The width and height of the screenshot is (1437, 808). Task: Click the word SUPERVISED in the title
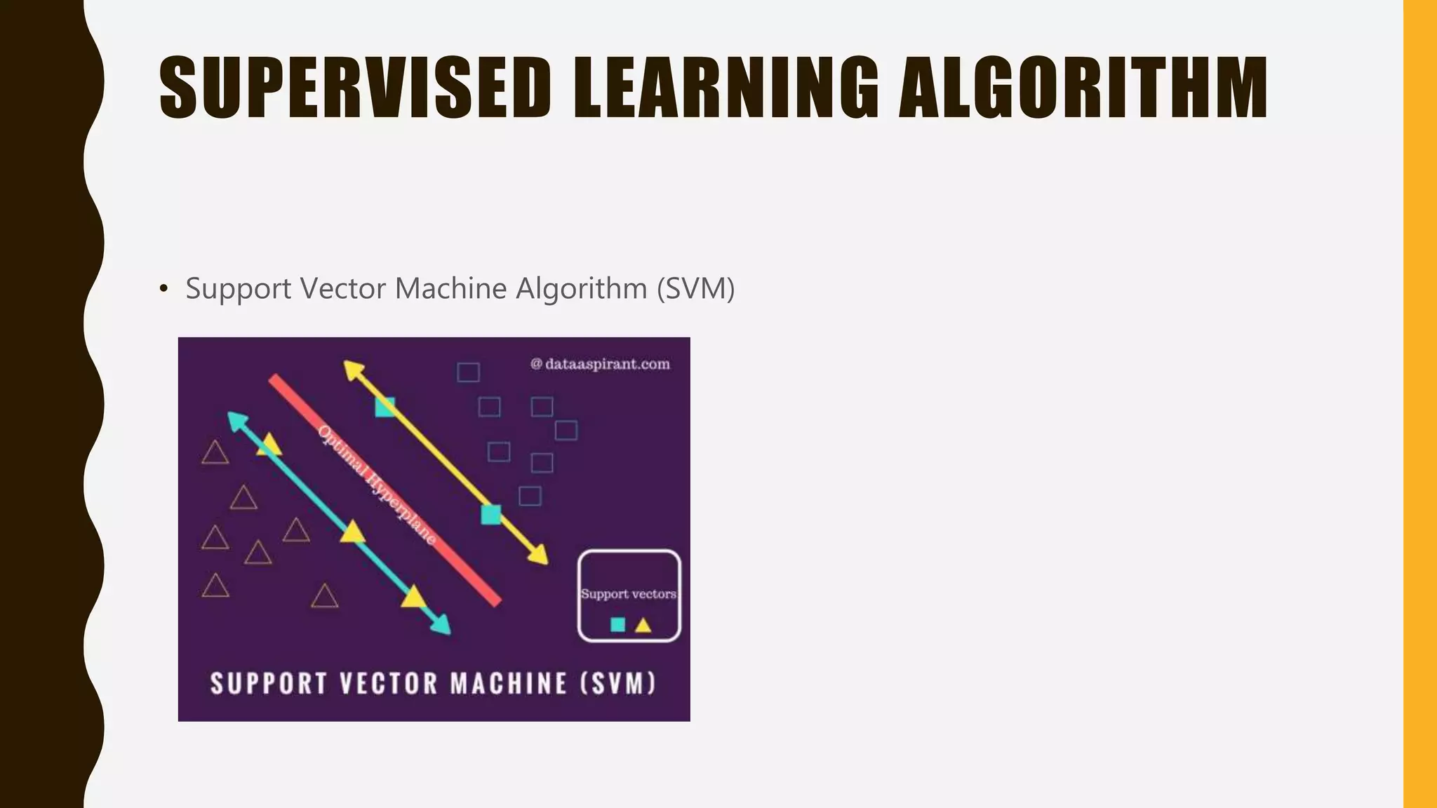coord(355,88)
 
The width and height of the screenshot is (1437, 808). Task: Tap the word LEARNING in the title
coord(726,88)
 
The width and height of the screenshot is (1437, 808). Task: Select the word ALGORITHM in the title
coord(1083,88)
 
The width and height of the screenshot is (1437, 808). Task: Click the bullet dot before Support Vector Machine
coord(163,288)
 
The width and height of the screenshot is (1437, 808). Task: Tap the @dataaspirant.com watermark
coord(600,364)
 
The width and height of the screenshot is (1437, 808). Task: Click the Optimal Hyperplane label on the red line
coord(377,485)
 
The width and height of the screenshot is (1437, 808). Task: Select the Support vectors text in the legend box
coord(628,594)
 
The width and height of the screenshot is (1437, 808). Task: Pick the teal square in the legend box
coord(617,624)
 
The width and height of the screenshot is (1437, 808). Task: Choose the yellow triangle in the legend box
coord(643,624)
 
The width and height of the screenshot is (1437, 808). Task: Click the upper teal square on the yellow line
coord(385,407)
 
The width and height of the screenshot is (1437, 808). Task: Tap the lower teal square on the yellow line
coord(491,515)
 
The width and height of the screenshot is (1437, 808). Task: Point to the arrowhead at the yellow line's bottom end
coord(540,556)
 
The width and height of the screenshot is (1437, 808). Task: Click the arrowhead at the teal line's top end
coord(236,420)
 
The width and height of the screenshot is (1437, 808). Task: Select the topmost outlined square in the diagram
coord(468,372)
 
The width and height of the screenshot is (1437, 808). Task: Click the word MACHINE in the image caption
coord(508,683)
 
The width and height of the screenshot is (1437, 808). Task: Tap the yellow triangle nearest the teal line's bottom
coord(413,597)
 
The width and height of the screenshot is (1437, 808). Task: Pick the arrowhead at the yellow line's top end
coord(352,369)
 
